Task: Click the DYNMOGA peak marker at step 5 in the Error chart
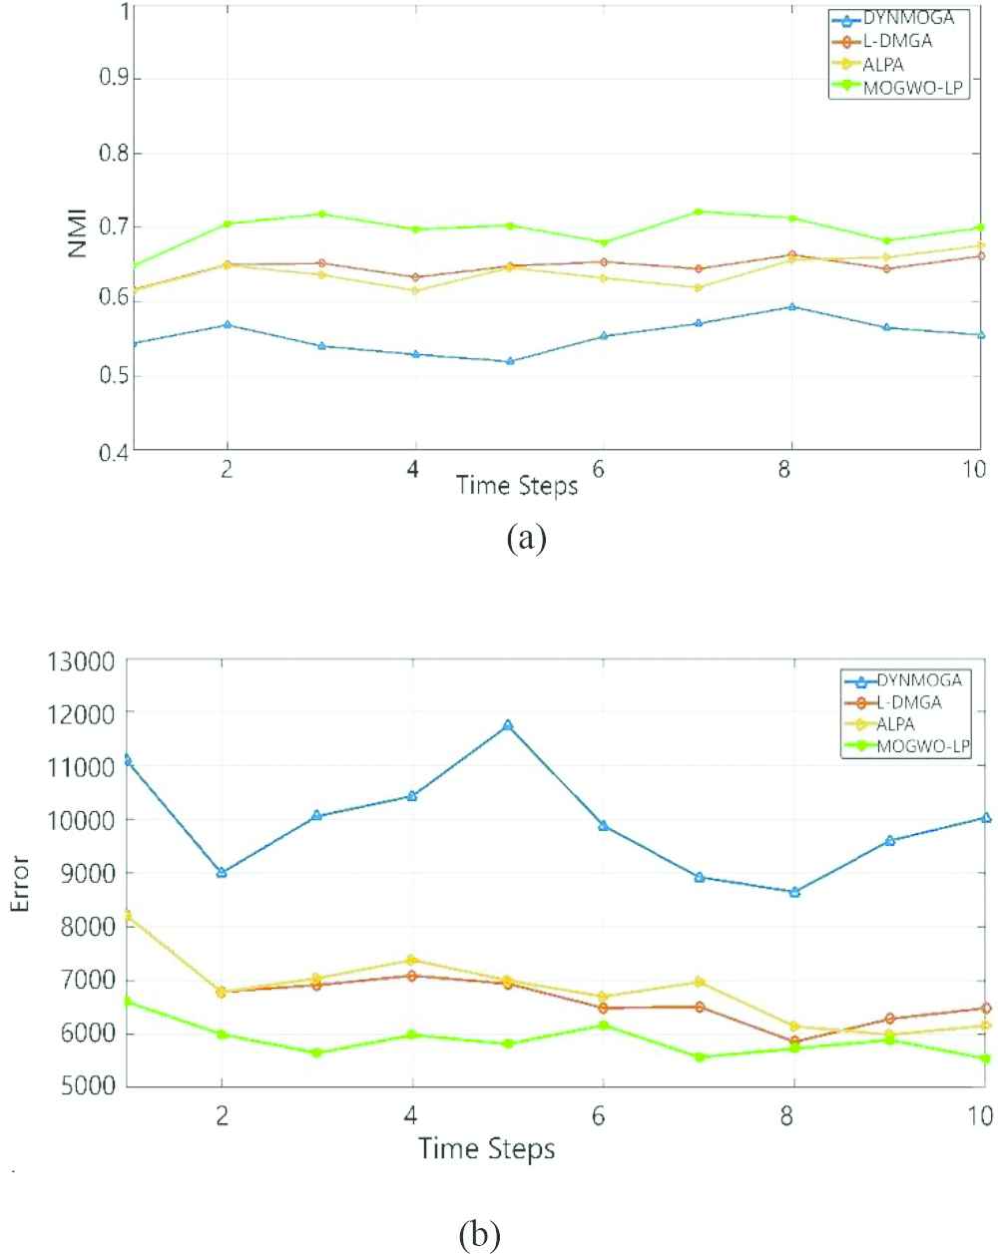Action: [x=507, y=725]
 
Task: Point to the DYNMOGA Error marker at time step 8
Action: [x=794, y=892]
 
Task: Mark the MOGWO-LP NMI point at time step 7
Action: [x=698, y=211]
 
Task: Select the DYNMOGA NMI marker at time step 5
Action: [x=510, y=361]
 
